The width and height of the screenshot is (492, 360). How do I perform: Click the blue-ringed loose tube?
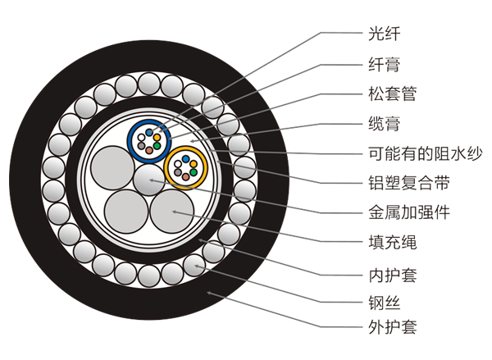point(148,139)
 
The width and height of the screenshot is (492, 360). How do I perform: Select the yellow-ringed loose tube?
point(185,169)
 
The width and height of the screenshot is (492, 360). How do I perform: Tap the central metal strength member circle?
point(148,180)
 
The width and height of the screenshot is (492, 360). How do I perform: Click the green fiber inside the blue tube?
point(156,145)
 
